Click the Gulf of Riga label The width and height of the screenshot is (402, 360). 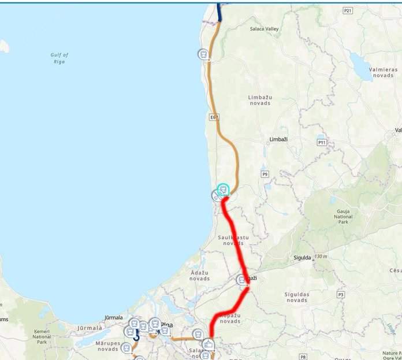tap(59, 58)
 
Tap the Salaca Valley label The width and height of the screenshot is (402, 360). tap(264, 28)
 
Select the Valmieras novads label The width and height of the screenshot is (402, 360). tap(383, 72)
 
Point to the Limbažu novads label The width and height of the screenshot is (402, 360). tap(260, 100)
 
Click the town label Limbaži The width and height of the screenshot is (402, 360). tap(278, 140)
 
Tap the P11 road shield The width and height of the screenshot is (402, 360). tap(322, 142)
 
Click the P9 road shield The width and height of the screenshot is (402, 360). tap(265, 174)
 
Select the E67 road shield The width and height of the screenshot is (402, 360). tap(214, 117)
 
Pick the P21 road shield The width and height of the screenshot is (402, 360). tap(347, 10)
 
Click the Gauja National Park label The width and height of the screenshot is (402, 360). tap(343, 216)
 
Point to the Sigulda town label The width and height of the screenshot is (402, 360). tap(303, 258)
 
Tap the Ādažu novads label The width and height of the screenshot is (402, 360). tap(199, 275)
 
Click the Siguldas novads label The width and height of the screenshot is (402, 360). tap(296, 297)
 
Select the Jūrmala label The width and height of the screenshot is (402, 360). tap(114, 318)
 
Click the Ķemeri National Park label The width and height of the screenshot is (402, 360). tap(42, 336)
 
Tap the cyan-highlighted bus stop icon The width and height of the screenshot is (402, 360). tap(223, 190)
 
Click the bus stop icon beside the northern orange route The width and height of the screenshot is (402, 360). tap(203, 54)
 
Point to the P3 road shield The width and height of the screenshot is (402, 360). tap(341, 295)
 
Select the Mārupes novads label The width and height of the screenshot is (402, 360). tap(108, 346)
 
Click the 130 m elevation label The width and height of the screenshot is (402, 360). tap(321, 257)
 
